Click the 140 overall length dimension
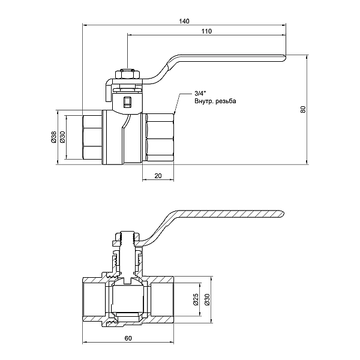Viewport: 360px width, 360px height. point(184,22)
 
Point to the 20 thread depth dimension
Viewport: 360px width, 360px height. point(158,175)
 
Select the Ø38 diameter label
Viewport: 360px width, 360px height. point(53,137)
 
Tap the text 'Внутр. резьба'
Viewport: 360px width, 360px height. point(215,102)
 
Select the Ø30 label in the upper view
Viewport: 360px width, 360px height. point(62,137)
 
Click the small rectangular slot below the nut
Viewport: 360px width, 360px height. point(126,102)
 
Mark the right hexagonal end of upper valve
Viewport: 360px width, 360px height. point(159,137)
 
